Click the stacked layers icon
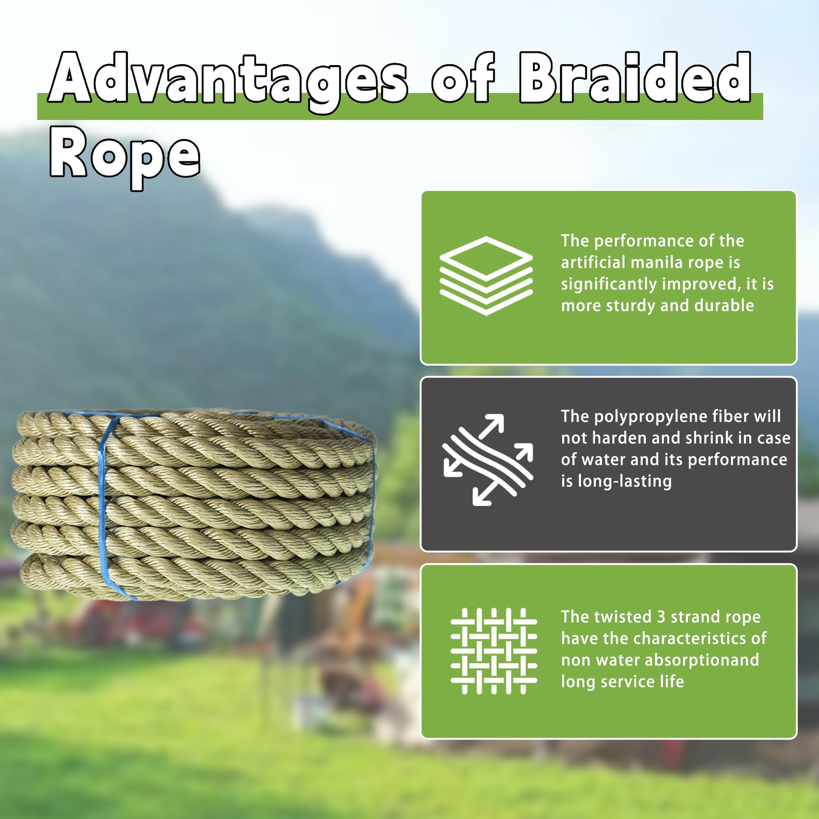pos(486,275)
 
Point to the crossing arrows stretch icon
pos(487,460)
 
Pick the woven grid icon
pos(494,651)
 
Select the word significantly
pos(609,284)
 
